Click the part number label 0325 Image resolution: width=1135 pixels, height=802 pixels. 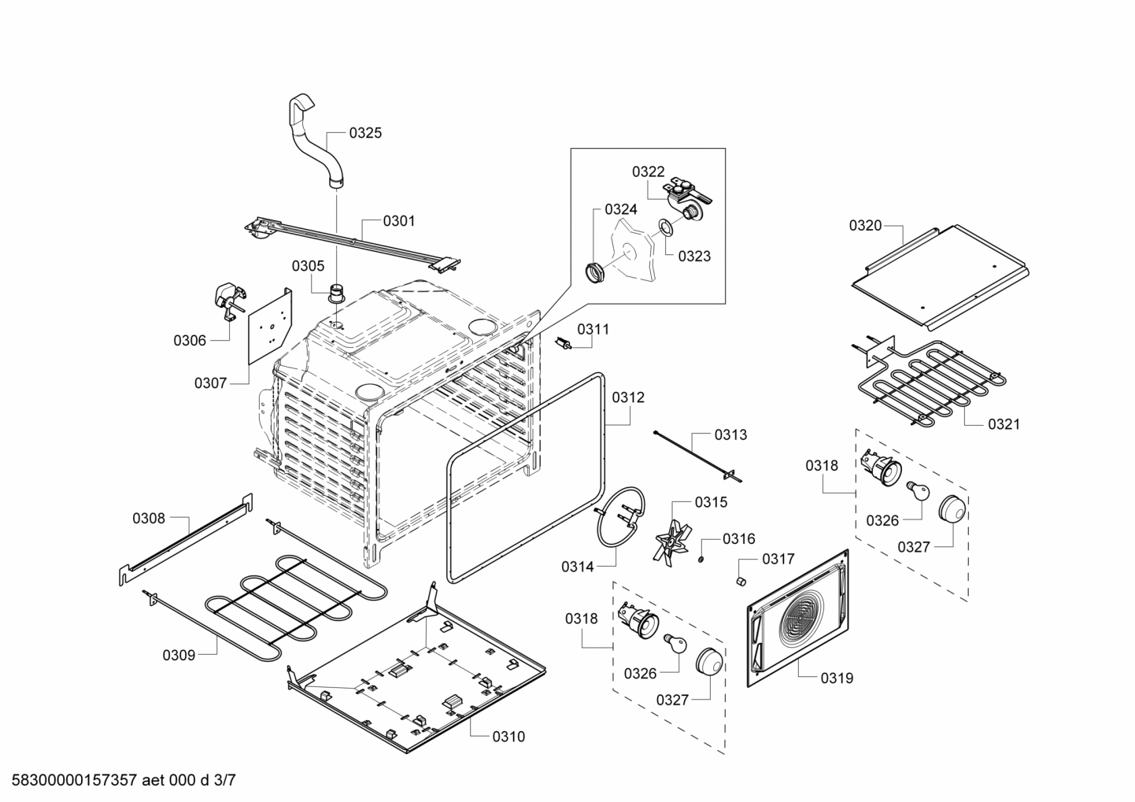365,133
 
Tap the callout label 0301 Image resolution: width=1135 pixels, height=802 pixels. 399,221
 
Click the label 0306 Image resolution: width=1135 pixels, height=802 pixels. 190,340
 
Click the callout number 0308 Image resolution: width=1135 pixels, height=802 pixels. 149,518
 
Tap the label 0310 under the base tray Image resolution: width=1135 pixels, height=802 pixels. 508,737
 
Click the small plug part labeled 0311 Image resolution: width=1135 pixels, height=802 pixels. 564,343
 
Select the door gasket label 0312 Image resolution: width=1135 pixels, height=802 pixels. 628,397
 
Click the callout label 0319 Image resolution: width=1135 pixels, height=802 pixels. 836,678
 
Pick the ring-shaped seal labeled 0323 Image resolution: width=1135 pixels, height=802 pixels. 664,228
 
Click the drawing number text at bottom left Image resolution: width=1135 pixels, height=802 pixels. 117,781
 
